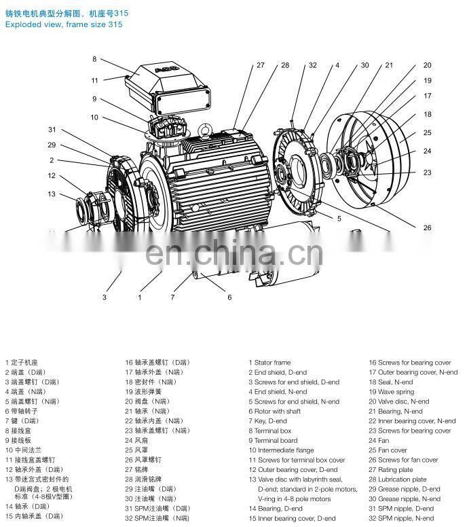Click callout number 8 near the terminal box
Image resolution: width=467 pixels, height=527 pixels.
(x=94, y=59)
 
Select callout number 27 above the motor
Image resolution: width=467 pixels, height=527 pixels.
(x=260, y=66)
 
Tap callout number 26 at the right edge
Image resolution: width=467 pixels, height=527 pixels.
(x=427, y=228)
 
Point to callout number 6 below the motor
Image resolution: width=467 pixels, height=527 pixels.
(x=229, y=297)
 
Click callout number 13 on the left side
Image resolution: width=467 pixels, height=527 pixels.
(x=51, y=194)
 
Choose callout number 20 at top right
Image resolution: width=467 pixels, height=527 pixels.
(x=427, y=66)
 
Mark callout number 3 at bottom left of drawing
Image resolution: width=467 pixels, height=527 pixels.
(x=105, y=297)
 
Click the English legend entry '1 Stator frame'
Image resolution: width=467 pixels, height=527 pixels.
(x=269, y=363)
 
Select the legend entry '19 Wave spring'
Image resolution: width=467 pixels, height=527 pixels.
(x=391, y=392)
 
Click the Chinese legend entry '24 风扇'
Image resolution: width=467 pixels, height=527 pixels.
(x=138, y=440)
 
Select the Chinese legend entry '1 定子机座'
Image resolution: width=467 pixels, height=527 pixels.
(x=22, y=363)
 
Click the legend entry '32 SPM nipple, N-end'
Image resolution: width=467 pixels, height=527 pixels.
(x=400, y=518)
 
